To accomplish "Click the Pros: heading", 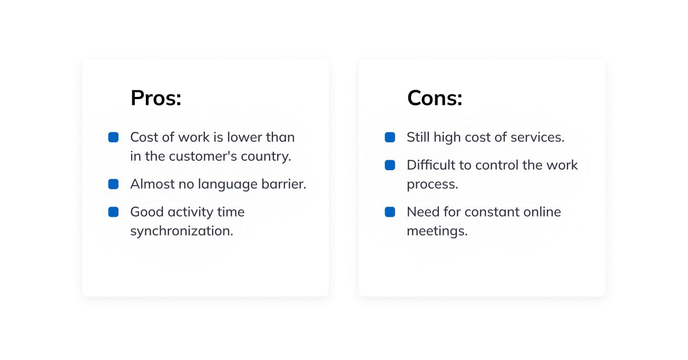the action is tap(156, 99).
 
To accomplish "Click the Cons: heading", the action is tap(435, 99).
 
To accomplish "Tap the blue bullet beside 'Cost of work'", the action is tap(113, 137).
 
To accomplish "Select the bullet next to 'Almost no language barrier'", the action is tap(113, 184).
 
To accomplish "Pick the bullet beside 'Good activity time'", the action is tap(113, 212).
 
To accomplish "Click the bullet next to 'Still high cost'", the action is tap(390, 137).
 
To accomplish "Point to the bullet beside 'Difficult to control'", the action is tap(390, 165).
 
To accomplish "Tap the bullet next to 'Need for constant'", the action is tap(390, 212).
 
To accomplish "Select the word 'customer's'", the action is tap(203, 156).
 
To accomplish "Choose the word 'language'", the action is tap(228, 184).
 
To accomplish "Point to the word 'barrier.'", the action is tap(284, 184).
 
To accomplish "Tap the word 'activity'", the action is tap(190, 212).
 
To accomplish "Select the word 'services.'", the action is tap(537, 138).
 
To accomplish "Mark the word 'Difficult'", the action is tap(431, 165).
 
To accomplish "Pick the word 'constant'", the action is tap(492, 212).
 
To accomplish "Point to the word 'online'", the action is tap(542, 212).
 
